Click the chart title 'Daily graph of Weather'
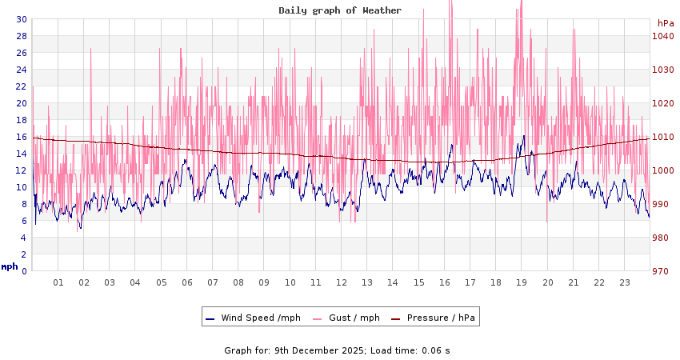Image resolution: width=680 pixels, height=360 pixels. coord(340,10)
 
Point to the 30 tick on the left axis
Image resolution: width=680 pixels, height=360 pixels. coord(22,19)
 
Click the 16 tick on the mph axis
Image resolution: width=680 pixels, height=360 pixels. coord(22,137)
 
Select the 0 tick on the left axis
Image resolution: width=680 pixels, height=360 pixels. coord(24,271)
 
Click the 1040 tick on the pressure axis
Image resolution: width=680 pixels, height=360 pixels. coord(662,36)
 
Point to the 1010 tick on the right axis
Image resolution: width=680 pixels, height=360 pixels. coord(662,137)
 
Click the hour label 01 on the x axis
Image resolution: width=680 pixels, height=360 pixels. coord(58,282)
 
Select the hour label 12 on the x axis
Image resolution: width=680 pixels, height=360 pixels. coord(342,282)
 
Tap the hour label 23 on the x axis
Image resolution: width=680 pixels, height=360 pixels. coord(625,282)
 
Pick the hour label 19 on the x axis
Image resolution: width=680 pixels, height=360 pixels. coord(522,282)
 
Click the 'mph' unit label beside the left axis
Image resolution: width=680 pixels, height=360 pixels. coord(9,266)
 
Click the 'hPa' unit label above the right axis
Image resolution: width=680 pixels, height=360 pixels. coord(665,23)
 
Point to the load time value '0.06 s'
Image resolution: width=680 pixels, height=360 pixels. coord(436,350)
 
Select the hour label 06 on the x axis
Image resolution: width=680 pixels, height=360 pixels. coord(187,282)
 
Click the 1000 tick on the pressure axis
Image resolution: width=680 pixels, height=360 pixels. coord(662,170)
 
